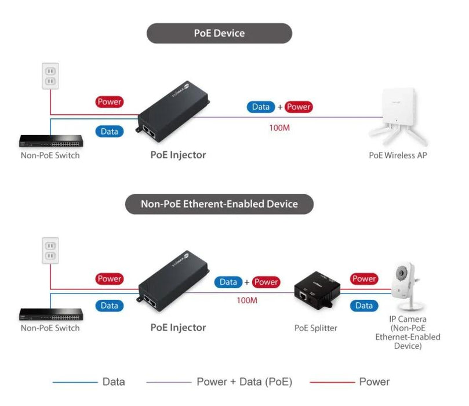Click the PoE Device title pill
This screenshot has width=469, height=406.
[x=219, y=34]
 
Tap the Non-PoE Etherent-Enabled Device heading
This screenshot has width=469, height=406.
[x=219, y=204]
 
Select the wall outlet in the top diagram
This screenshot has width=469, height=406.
[x=50, y=75]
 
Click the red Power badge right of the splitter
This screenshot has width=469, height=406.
[x=364, y=279]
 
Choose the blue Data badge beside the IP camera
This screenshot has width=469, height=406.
[x=364, y=306]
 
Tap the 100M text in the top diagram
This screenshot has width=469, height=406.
[x=279, y=127]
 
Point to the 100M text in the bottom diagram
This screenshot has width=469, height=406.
[x=247, y=300]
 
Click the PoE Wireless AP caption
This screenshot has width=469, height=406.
[x=398, y=155]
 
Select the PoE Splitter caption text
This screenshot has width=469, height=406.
[x=316, y=328]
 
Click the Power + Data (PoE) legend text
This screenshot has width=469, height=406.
[x=244, y=382]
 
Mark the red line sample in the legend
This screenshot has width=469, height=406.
[x=332, y=382]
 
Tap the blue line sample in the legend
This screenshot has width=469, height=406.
[x=74, y=382]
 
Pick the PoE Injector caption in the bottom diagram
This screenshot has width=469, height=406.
[x=178, y=328]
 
